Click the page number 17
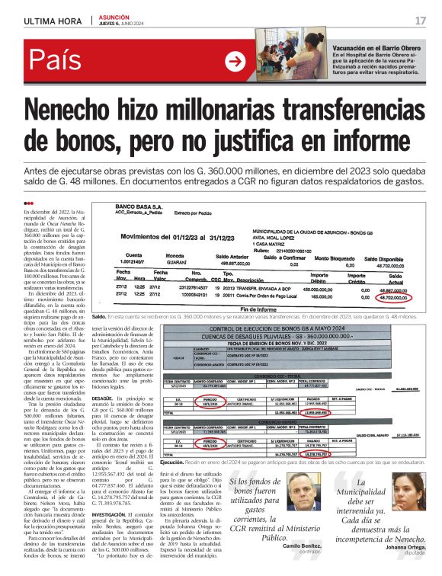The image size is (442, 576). pyautogui.click(x=420, y=21)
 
